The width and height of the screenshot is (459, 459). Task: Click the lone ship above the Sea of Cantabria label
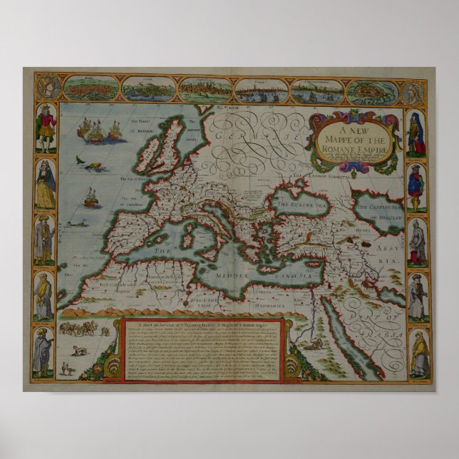pyautogui.click(x=91, y=197)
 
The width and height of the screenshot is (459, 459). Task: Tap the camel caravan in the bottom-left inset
pyautogui.click(x=80, y=329)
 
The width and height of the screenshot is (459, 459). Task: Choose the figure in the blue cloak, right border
pyautogui.click(x=416, y=187)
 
